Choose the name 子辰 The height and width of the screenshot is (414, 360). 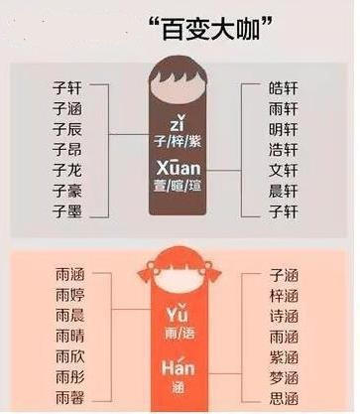tap(67, 128)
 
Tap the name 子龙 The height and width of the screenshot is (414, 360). tap(67, 169)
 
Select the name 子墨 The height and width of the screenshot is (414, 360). tap(67, 210)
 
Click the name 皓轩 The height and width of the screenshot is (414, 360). tap(284, 86)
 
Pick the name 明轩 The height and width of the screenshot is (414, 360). tap(284, 128)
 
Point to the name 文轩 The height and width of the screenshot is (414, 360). tap(284, 169)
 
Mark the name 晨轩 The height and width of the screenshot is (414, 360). tap(284, 190)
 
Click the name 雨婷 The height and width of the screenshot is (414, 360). tap(69, 295)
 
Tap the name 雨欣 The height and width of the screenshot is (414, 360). tap(69, 355)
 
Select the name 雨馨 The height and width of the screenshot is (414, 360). tap(69, 396)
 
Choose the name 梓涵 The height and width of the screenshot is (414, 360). tap(284, 295)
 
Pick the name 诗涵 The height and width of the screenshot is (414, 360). tap(284, 316)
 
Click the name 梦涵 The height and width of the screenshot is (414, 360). tap(284, 376)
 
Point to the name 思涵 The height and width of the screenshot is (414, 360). tap(284, 397)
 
